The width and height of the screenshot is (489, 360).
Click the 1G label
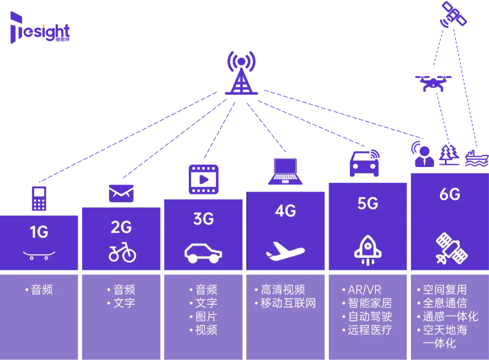click(39, 232)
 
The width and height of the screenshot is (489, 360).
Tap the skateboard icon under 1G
click(39, 255)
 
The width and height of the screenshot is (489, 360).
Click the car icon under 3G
click(203, 253)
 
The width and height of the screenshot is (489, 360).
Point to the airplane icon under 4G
click(285, 250)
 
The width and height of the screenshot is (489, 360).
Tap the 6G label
click(450, 194)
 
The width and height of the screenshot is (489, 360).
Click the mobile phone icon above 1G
click(39, 198)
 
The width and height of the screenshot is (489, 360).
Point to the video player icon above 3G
click(204, 179)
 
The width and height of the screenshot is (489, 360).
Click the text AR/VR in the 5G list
click(364, 290)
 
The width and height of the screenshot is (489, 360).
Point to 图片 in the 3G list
click(206, 317)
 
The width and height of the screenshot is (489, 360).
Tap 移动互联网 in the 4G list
click(288, 303)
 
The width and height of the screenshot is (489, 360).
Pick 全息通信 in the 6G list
click(445, 303)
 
